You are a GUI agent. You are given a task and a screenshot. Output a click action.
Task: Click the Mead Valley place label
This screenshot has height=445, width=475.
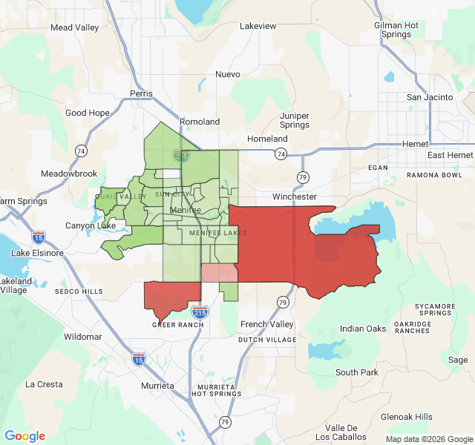pyautogui.click(x=74, y=28)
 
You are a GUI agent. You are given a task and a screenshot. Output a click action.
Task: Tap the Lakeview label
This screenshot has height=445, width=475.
pyautogui.click(x=258, y=26)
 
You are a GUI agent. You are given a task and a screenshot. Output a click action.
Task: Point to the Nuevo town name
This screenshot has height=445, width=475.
pyautogui.click(x=228, y=74)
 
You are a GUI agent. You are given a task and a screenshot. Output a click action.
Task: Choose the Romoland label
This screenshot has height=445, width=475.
pyautogui.click(x=200, y=122)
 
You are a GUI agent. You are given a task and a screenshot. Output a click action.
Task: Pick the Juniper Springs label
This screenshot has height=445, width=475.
pyautogui.click(x=295, y=120)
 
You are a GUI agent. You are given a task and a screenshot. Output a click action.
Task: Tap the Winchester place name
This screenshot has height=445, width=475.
pyautogui.click(x=295, y=197)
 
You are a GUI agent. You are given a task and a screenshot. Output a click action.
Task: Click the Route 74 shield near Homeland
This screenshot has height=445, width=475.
pyautogui.click(x=280, y=154)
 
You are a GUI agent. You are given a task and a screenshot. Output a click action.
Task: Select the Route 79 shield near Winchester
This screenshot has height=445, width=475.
pyautogui.click(x=303, y=177)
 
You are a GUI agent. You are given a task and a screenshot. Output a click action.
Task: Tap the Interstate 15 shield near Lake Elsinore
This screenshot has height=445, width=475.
pyautogui.click(x=39, y=237)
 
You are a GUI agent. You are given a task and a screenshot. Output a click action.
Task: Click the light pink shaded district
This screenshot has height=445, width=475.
pyautogui.click(x=219, y=273)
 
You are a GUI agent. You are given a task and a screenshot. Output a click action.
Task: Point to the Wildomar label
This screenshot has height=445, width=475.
pyautogui.click(x=82, y=337)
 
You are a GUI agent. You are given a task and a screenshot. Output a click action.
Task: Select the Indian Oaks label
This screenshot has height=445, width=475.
pyautogui.click(x=363, y=329)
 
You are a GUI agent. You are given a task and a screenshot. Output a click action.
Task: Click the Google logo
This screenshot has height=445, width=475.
pyautogui.click(x=25, y=436)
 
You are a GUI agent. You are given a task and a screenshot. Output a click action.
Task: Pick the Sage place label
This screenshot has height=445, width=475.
pyautogui.click(x=458, y=360)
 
